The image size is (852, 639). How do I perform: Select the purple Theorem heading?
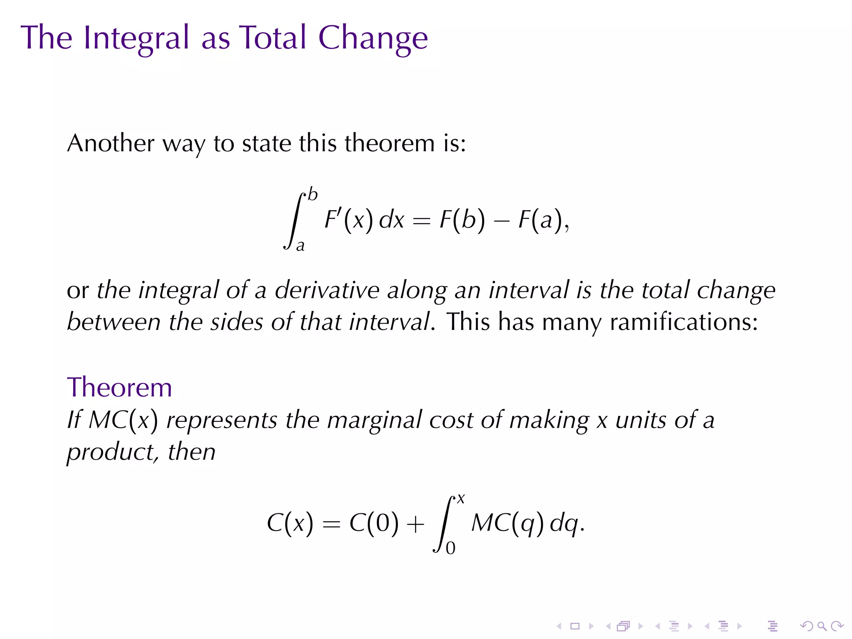click(x=119, y=387)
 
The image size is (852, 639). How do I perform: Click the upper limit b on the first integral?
click(x=313, y=195)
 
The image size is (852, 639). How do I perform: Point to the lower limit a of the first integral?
click(x=300, y=245)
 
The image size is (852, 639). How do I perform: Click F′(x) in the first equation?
click(x=349, y=219)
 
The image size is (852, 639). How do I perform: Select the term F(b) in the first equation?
click(x=462, y=219)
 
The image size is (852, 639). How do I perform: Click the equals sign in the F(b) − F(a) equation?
click(x=421, y=221)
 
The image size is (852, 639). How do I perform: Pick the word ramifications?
click(x=684, y=322)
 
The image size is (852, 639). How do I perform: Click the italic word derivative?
click(x=327, y=290)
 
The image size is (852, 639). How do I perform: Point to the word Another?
click(x=111, y=143)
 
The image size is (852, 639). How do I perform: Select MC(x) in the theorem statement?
click(x=124, y=420)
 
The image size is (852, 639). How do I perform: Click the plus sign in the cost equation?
click(x=415, y=523)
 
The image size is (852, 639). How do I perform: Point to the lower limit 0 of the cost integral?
click(x=451, y=548)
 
